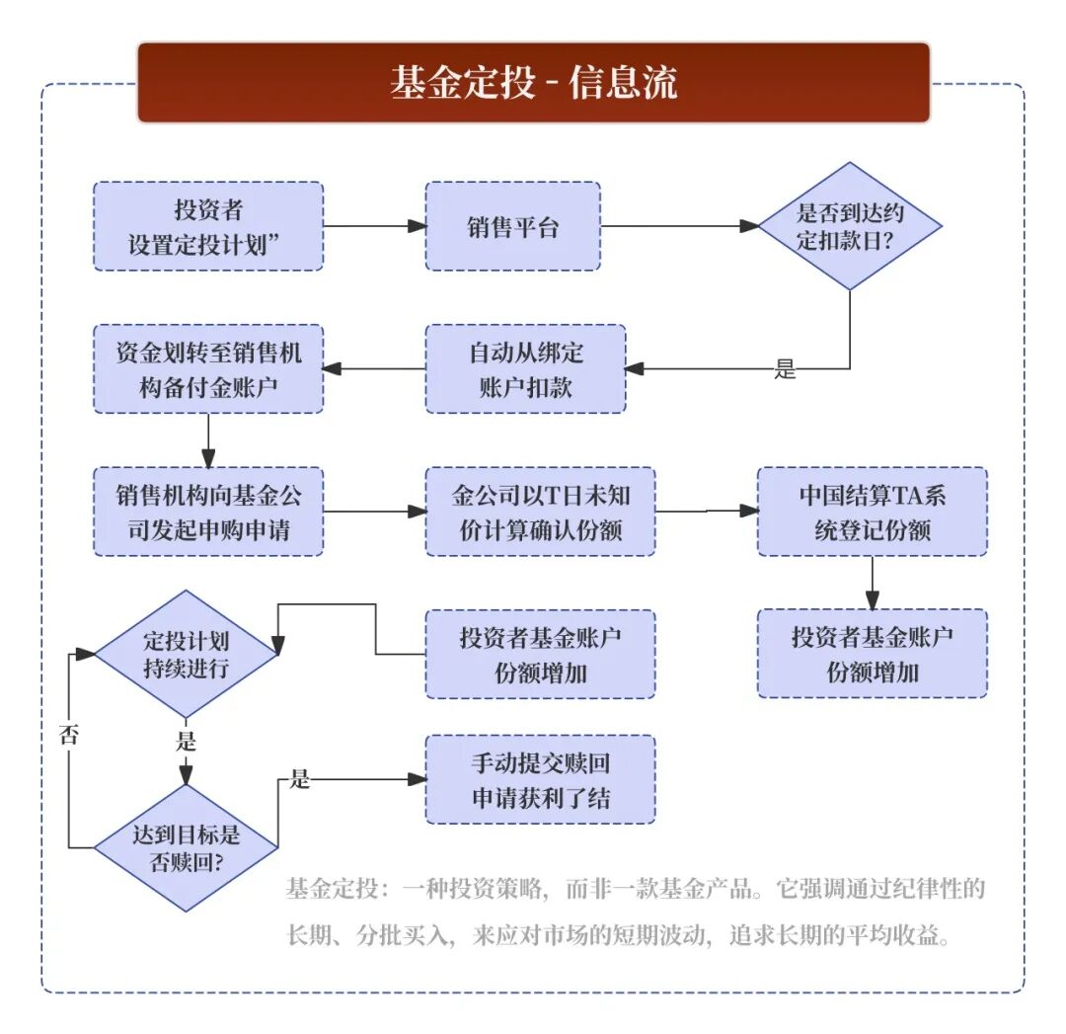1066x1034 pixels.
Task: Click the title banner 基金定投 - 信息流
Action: [533, 82]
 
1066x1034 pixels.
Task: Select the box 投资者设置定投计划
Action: [208, 226]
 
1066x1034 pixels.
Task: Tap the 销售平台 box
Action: [512, 226]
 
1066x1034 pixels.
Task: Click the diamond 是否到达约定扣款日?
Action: [850, 226]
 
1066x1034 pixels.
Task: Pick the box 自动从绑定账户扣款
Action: [525, 368]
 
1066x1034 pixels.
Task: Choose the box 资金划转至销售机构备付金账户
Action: [208, 368]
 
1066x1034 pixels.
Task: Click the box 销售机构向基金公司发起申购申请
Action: [208, 512]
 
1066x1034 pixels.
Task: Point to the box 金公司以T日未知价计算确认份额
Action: [540, 512]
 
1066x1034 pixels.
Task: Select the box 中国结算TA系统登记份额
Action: [872, 512]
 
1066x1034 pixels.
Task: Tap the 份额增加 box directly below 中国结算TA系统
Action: [872, 654]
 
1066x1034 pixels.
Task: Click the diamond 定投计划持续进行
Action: [186, 654]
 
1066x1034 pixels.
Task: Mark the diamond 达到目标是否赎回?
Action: [186, 847]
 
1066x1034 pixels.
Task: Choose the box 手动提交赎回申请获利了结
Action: [540, 779]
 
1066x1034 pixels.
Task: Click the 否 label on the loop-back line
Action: [69, 735]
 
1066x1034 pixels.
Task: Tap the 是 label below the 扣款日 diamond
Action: [785, 371]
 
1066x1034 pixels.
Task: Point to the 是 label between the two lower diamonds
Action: [186, 740]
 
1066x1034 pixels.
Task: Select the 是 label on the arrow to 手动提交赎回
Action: [299, 779]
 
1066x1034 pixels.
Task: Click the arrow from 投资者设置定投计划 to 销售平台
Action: [374, 226]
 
